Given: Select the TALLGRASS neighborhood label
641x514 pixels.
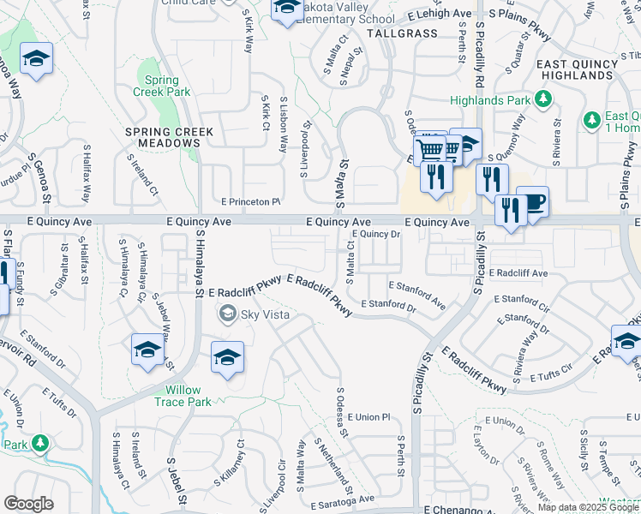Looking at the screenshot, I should click(x=402, y=33).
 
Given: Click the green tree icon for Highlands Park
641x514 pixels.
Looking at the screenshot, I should click(x=542, y=99).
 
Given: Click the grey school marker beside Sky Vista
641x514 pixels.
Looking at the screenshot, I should click(x=228, y=314).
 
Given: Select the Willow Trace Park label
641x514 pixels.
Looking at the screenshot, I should click(x=188, y=396).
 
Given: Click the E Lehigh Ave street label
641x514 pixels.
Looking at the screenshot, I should click(x=440, y=15).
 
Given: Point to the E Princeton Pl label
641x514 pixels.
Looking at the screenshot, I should click(x=251, y=202).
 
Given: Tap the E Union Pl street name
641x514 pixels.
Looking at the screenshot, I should click(x=368, y=416).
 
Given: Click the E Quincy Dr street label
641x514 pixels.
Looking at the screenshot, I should click(x=376, y=233).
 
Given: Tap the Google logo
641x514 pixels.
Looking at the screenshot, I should click(x=28, y=504).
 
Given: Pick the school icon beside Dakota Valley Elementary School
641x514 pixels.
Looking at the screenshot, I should click(x=285, y=8).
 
